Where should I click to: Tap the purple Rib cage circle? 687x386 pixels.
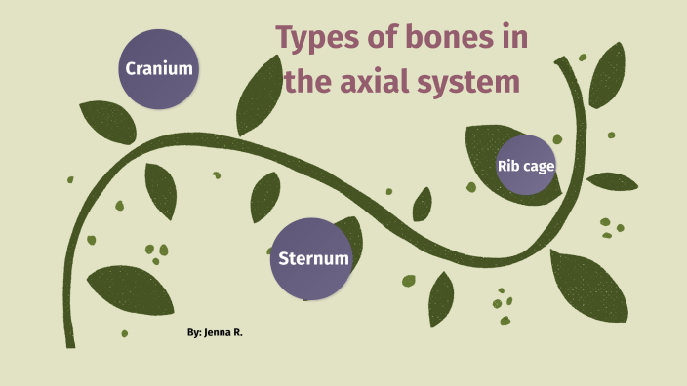click(526, 166)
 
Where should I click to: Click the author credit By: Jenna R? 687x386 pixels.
click(214, 333)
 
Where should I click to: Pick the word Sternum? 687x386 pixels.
click(312, 258)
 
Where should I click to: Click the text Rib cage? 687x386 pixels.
click(526, 166)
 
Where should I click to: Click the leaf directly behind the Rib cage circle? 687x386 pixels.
click(488, 156)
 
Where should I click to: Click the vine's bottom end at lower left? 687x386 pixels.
click(69, 341)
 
